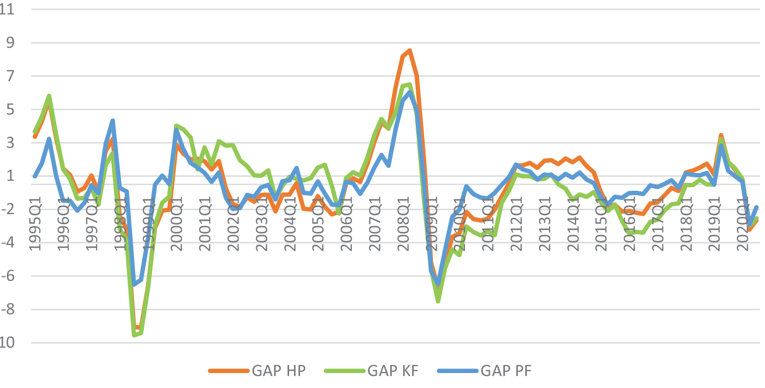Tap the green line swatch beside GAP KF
coord(343,371)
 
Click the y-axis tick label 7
coord(9,76)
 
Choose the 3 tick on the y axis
coord(9,143)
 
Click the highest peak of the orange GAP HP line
coord(410,50)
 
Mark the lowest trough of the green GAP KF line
coord(134,335)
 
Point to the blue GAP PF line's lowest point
coord(134,284)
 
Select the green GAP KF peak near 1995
coord(49,96)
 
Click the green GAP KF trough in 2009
coord(438,301)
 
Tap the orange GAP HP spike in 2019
coord(721,135)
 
